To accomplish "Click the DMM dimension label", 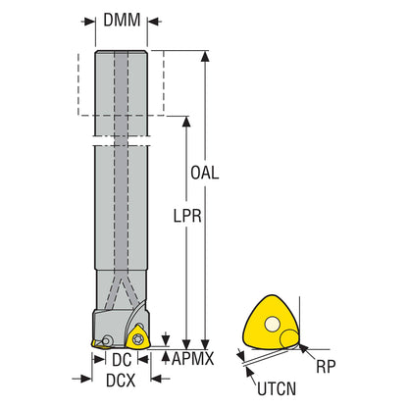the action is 122,21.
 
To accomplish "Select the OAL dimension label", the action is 205,173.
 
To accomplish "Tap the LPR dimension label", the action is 187,216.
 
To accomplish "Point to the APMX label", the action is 192,359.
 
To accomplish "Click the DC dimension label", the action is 122,360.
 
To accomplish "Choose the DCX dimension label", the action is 121,381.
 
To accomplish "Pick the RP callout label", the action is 326,367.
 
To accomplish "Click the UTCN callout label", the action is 277,389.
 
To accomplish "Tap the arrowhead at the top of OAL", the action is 205,56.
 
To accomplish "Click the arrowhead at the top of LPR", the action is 186,122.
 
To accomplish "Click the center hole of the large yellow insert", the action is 272,325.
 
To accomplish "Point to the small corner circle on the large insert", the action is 289,338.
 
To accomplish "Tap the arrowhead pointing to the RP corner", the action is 304,348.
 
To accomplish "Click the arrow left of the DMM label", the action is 88,22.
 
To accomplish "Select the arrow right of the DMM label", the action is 154,22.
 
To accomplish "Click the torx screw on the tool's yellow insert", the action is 137,338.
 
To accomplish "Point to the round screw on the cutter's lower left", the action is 107,340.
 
